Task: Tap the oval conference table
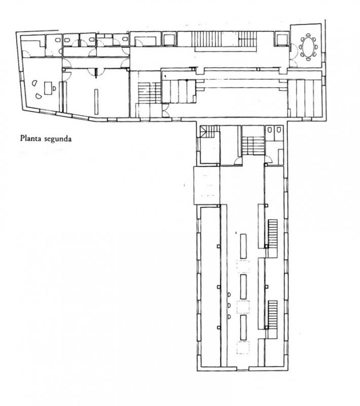pyautogui.click(x=308, y=47)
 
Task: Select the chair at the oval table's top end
pyautogui.click(x=308, y=35)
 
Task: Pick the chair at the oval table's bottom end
pyautogui.click(x=308, y=59)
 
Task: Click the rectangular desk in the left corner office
pyautogui.click(x=48, y=88)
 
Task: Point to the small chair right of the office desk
pyautogui.click(x=54, y=88)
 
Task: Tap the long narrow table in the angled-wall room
pyautogui.click(x=96, y=102)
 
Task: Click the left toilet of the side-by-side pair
pyautogui.click(x=270, y=129)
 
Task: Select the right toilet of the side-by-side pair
pyautogui.click(x=278, y=129)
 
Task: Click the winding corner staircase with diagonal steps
pyautogui.click(x=210, y=131)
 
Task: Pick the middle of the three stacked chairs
pyautogui.click(x=229, y=306)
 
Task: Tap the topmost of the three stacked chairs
pyautogui.click(x=229, y=294)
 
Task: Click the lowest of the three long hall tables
pyautogui.click(x=243, y=327)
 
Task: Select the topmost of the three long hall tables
pyautogui.click(x=243, y=246)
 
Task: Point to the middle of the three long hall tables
pyautogui.click(x=243, y=287)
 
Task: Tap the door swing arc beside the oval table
pyautogui.click(x=293, y=48)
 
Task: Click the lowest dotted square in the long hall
pyautogui.click(x=243, y=348)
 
